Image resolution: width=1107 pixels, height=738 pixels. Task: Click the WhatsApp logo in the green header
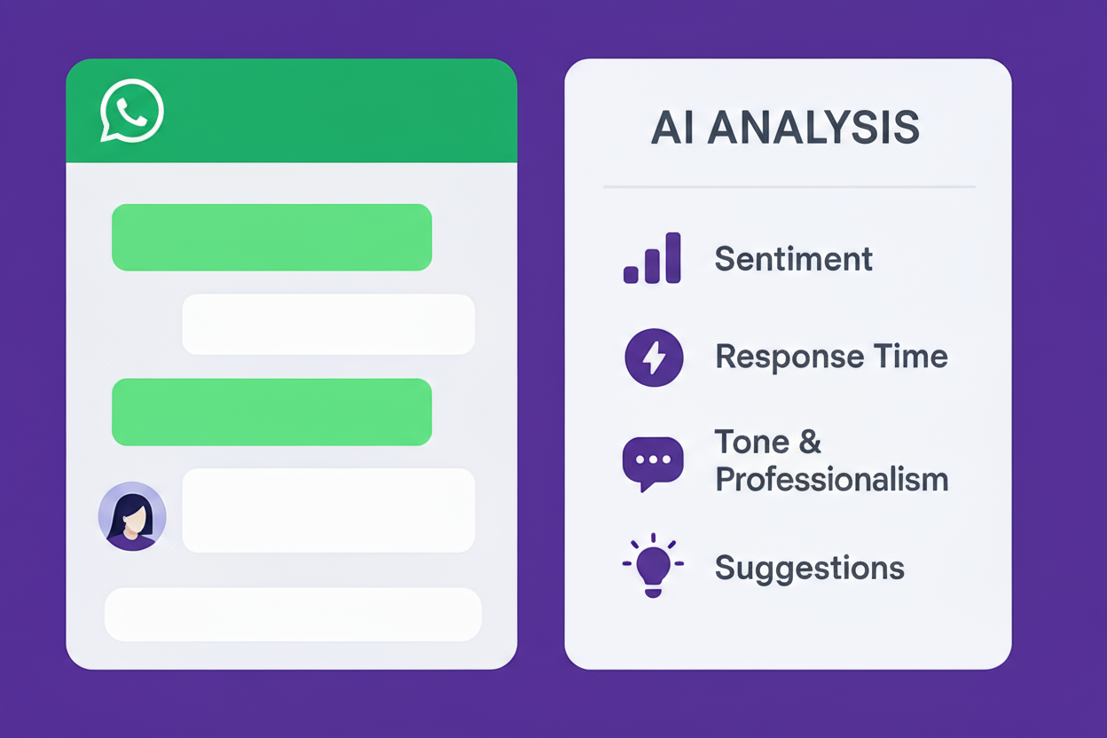132,111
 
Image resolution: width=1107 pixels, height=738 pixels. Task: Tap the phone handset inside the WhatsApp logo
131,111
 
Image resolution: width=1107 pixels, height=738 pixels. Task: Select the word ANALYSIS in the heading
813,128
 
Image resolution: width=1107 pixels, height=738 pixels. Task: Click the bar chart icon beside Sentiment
652,258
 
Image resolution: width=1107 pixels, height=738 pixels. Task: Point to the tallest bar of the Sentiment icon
673,258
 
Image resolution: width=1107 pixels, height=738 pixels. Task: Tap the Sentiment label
794,258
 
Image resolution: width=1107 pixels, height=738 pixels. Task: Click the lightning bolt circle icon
654,357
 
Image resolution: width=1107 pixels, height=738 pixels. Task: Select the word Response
789,357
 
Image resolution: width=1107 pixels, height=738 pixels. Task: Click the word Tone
752,442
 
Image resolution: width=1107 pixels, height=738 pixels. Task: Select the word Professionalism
832,480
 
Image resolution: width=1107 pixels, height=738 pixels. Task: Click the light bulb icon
653,565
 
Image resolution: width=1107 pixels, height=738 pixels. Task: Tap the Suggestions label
810,569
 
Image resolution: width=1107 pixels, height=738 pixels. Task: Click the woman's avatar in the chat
132,516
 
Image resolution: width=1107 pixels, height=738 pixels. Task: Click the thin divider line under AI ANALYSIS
789,187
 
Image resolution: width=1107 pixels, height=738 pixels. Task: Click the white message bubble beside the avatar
328,510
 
